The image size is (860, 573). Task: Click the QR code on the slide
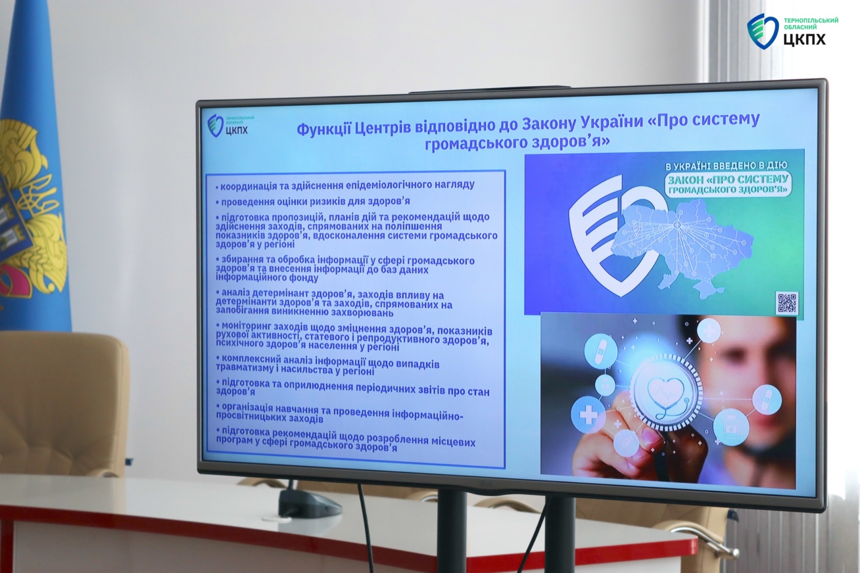pos(787,303)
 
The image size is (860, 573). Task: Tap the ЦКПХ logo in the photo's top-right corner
pos(792,32)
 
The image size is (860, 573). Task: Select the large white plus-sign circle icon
pos(589,415)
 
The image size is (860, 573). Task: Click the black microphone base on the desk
pos(310,503)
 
